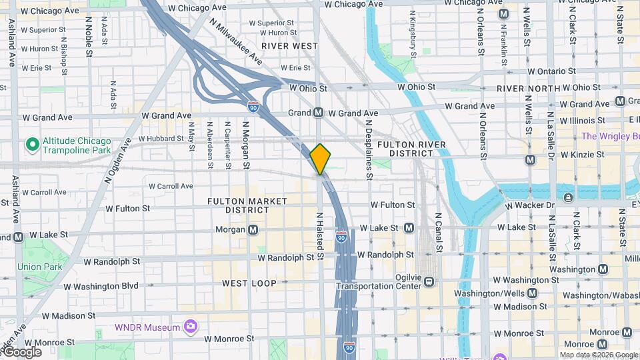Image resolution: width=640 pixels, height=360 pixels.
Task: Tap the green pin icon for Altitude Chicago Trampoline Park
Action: (x=31, y=144)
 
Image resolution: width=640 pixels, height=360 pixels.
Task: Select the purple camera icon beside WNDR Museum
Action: (x=191, y=327)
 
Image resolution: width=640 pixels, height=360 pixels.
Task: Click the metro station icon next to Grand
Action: (x=319, y=113)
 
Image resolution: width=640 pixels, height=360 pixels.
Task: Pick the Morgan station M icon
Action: (x=253, y=230)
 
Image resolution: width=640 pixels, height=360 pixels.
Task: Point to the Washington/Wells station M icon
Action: (x=532, y=293)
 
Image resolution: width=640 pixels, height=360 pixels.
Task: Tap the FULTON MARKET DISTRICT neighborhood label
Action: (x=247, y=205)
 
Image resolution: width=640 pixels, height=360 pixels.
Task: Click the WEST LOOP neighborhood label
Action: (x=249, y=283)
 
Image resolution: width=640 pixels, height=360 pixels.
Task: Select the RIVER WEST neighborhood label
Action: (x=290, y=45)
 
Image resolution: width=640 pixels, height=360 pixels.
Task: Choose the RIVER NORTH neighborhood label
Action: (x=529, y=88)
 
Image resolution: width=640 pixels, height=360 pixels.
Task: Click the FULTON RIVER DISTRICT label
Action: (x=405, y=149)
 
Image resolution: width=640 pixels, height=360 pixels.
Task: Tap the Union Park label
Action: (x=39, y=267)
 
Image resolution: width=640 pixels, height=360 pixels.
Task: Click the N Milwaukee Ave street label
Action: (x=236, y=41)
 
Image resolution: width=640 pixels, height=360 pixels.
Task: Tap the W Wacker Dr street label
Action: (x=530, y=205)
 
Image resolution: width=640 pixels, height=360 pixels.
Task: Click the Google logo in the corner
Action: (x=22, y=352)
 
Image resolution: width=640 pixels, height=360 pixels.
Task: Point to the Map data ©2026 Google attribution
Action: (x=598, y=355)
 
